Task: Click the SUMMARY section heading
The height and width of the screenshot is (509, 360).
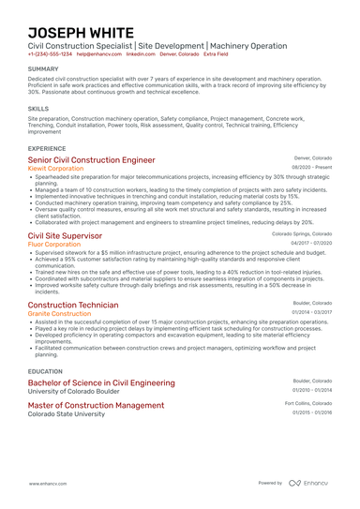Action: pyautogui.click(x=43, y=69)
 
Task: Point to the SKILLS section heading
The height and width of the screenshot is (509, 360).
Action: pyautogui.click(x=38, y=109)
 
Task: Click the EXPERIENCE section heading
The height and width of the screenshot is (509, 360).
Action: pyautogui.click(x=47, y=148)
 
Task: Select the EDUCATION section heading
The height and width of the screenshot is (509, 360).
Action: pyautogui.click(x=46, y=371)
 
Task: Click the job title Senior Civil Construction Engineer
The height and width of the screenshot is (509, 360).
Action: pyautogui.click(x=91, y=160)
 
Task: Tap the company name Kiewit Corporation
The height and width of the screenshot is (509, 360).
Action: pyautogui.click(x=55, y=170)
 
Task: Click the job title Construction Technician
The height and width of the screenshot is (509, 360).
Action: pyautogui.click(x=73, y=306)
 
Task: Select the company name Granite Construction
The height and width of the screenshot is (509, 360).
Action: pyautogui.click(x=58, y=315)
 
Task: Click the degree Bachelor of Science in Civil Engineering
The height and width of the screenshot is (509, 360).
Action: pyautogui.click(x=100, y=383)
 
